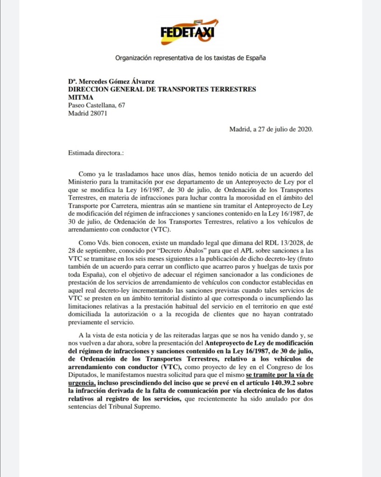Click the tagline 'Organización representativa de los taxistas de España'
pos(190,58)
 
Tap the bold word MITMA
pos(81,97)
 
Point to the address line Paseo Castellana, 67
pos(96,105)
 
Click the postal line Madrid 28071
pos(88,113)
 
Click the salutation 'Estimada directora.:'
pos(96,152)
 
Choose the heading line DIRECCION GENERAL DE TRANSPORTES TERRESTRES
pos(162,89)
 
